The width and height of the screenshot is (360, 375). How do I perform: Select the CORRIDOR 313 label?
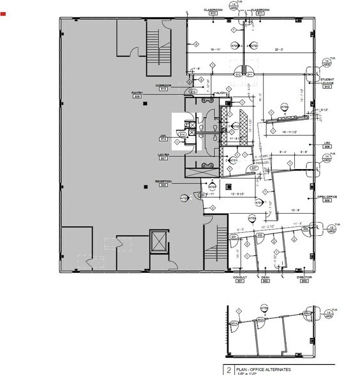(161, 85)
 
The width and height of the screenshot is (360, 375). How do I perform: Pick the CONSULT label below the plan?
(240, 278)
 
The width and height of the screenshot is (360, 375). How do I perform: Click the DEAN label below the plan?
(265, 278)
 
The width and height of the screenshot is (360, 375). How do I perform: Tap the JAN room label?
(163, 136)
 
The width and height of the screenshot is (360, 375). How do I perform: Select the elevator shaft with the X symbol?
(157, 242)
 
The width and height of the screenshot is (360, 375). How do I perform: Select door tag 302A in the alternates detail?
(260, 319)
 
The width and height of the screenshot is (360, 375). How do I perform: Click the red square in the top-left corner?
(3, 12)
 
